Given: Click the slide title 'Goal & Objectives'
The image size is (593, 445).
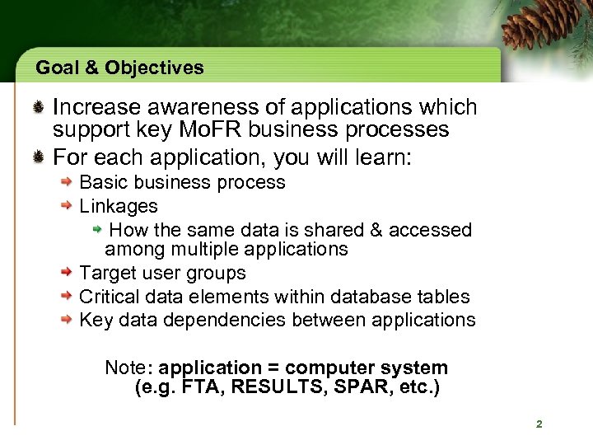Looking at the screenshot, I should pyautogui.click(x=119, y=68).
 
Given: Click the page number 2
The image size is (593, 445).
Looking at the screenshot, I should pyautogui.click(x=539, y=424).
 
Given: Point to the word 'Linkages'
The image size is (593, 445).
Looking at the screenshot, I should pyautogui.click(x=118, y=205).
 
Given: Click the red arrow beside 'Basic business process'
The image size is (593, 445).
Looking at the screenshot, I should pyautogui.click(x=69, y=183).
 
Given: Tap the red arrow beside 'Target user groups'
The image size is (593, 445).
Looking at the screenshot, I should pyautogui.click(x=69, y=274).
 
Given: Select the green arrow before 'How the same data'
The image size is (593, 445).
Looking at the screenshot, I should pyautogui.click(x=97, y=228).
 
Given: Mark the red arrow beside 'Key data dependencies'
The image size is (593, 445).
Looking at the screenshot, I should pyautogui.click(x=69, y=321).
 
